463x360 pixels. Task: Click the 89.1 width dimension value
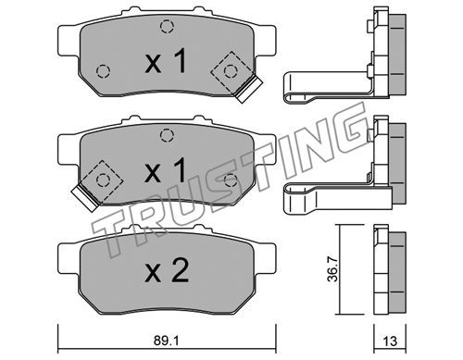click(x=166, y=341)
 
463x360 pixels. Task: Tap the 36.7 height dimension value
click(x=332, y=269)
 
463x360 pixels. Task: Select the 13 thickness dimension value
click(x=390, y=341)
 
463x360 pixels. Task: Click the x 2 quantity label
click(x=167, y=271)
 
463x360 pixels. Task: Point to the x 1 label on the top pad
click(x=166, y=61)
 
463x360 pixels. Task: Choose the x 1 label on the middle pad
click(x=166, y=169)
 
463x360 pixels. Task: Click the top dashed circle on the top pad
click(x=167, y=26)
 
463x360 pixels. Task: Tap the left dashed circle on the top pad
click(x=103, y=71)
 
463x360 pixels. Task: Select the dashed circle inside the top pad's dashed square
click(x=231, y=71)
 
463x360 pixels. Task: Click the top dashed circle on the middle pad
click(x=167, y=135)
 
